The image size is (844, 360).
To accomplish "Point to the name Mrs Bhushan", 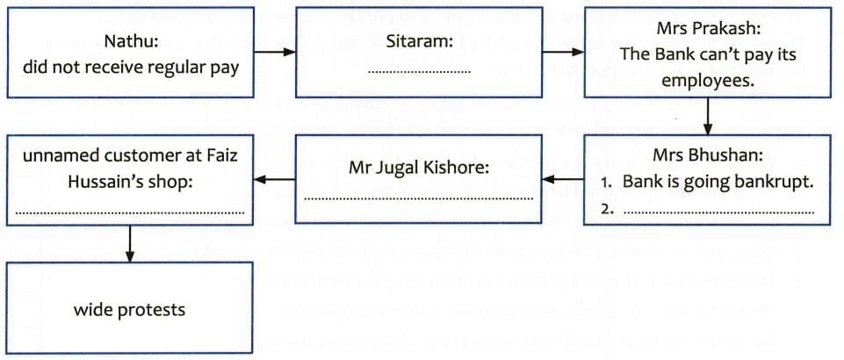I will tap(707, 157).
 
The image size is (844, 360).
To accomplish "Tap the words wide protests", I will tap(129, 310).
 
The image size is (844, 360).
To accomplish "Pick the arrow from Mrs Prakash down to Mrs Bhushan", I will tap(707, 115).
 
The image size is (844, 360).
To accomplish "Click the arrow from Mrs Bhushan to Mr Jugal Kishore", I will tap(563, 180).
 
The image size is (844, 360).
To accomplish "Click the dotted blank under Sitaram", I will tap(419, 71).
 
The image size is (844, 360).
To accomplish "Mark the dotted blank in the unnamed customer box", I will tap(130, 212).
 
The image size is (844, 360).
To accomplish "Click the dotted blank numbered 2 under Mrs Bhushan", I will tap(718, 212).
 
